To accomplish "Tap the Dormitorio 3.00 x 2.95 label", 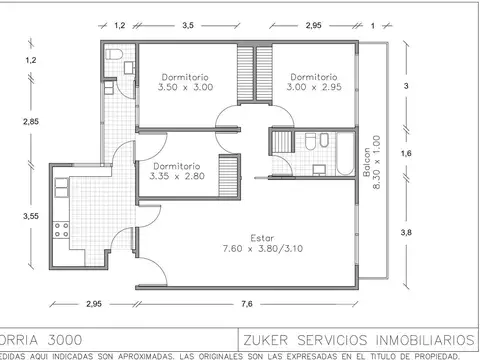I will tap(313, 82).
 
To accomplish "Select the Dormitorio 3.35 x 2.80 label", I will tap(176, 171).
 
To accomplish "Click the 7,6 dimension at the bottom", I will tap(246, 303).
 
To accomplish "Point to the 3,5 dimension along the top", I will tap(187, 24).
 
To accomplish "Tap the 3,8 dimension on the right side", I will tap(406, 232).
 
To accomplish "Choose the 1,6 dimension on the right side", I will tap(406, 153).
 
